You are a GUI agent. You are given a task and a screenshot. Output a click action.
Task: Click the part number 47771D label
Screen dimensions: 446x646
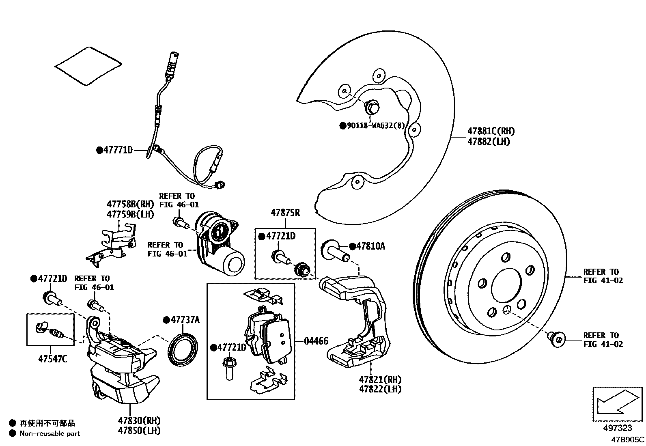118,150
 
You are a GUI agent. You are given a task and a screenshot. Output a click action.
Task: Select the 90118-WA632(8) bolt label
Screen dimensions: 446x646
376,125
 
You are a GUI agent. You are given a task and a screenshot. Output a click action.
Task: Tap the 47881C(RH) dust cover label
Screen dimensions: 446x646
491,131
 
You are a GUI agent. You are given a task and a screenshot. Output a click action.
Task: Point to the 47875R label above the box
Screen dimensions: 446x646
285,212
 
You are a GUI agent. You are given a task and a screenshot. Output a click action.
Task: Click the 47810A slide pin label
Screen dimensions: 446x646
370,246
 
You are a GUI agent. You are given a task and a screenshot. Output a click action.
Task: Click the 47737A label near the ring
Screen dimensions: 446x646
185,320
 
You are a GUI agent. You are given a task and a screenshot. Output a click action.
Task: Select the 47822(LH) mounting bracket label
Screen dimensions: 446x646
380,389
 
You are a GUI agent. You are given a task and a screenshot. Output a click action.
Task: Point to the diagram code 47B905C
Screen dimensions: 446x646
628,439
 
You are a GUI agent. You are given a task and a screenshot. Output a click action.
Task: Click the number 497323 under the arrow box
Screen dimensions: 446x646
617,428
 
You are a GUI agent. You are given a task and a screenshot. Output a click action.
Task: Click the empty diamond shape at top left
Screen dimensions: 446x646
88,66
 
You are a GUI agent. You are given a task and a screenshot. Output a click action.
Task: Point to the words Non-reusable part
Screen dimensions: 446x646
50,433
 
